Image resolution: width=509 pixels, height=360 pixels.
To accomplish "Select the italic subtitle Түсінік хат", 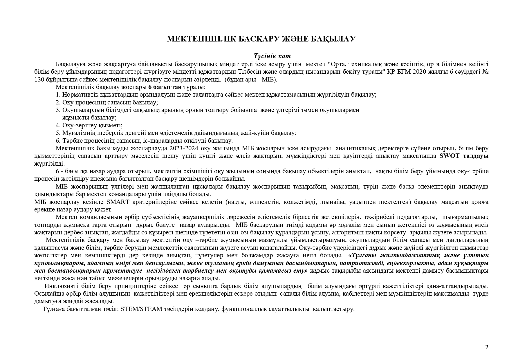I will click(272, 56).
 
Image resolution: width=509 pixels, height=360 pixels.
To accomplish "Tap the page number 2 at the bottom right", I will click(487, 347).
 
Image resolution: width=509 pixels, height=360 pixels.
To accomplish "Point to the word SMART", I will click(118, 202).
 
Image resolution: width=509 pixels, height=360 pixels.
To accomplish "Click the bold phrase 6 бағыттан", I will click(165, 87).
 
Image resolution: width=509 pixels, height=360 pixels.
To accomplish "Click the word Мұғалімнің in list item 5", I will click(76, 133).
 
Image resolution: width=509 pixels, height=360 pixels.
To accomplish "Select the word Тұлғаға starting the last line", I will click(54, 309).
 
